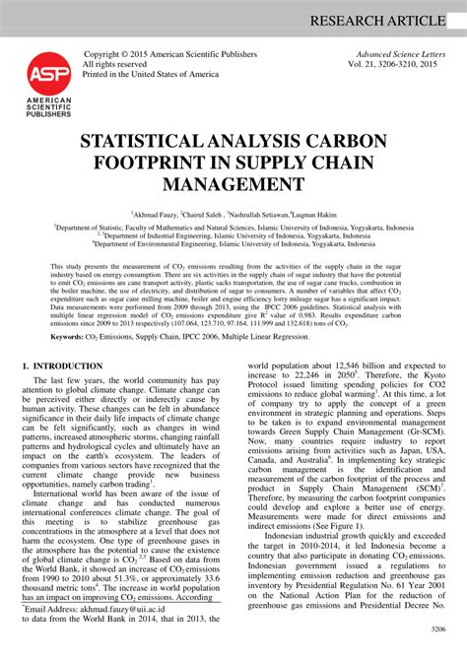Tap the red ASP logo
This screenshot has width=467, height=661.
41,72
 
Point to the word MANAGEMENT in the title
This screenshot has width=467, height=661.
233,184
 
